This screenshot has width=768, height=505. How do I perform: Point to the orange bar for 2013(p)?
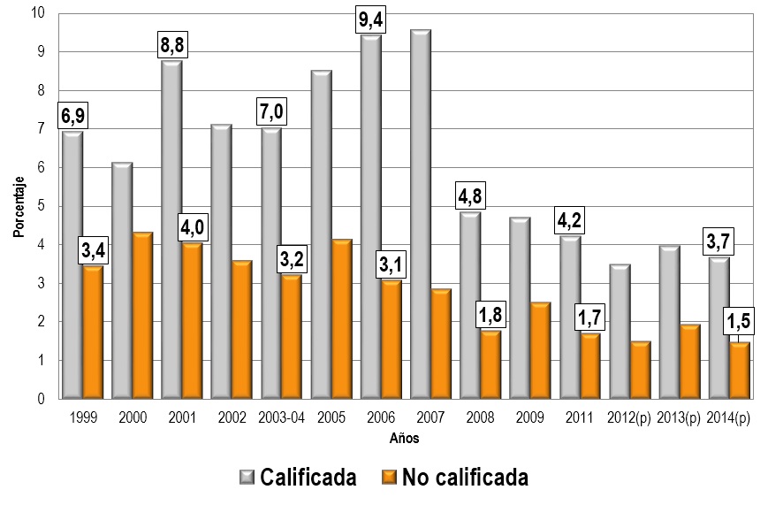coord(689,362)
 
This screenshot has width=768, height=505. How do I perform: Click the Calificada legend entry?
coord(298,478)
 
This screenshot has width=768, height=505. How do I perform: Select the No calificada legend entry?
coord(454,478)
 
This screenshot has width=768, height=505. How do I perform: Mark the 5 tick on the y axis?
coord(42,206)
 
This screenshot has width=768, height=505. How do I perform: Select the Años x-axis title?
coord(405,437)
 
